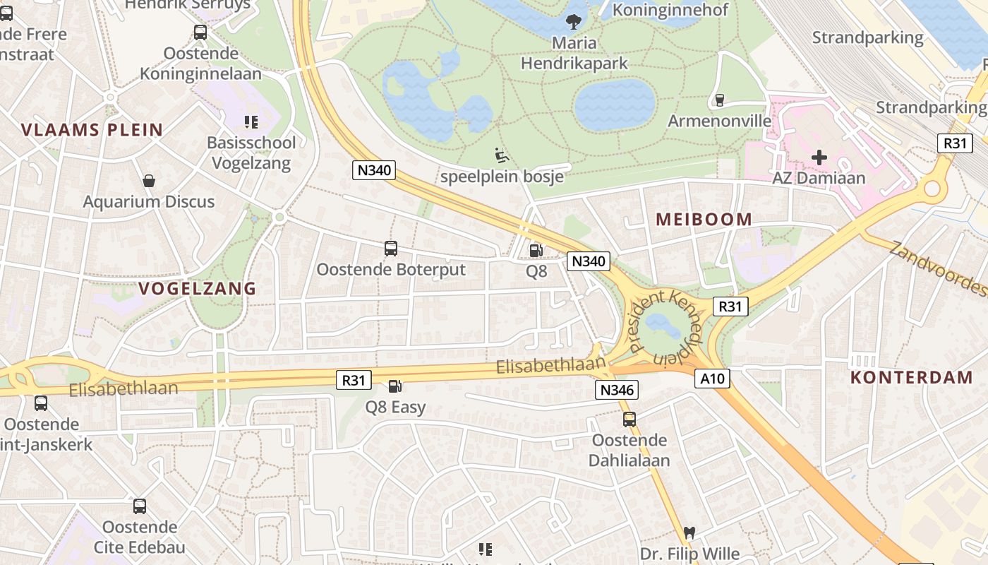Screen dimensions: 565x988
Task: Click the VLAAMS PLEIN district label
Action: pyautogui.click(x=92, y=130)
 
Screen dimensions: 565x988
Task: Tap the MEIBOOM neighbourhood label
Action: pyautogui.click(x=704, y=219)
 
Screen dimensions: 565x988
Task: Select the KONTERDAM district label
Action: pyautogui.click(x=911, y=377)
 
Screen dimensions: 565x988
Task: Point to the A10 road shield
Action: pyautogui.click(x=712, y=379)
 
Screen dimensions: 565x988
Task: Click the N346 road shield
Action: pyautogui.click(x=617, y=390)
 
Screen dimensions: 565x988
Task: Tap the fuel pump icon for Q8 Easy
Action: pyautogui.click(x=395, y=386)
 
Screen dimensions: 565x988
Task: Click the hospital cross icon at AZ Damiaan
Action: pyautogui.click(x=819, y=157)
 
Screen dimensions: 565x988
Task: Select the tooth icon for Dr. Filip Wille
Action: pyautogui.click(x=689, y=533)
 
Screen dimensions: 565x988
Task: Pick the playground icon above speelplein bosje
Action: pyautogui.click(x=502, y=155)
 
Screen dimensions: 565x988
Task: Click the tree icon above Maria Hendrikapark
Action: pyautogui.click(x=574, y=21)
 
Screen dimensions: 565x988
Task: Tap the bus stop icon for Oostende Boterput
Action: pyautogui.click(x=391, y=249)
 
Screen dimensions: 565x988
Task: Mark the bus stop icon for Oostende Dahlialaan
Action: pyautogui.click(x=629, y=420)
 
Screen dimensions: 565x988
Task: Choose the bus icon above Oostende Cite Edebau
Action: pyautogui.click(x=140, y=506)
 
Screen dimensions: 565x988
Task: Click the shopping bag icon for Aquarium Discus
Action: pyautogui.click(x=149, y=181)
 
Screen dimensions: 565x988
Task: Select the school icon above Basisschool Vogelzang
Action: pyautogui.click(x=251, y=122)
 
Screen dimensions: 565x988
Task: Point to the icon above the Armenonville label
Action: pyautogui.click(x=719, y=100)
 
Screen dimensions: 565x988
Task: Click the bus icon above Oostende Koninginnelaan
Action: pyautogui.click(x=200, y=32)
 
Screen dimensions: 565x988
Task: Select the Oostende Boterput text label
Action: pyautogui.click(x=391, y=270)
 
